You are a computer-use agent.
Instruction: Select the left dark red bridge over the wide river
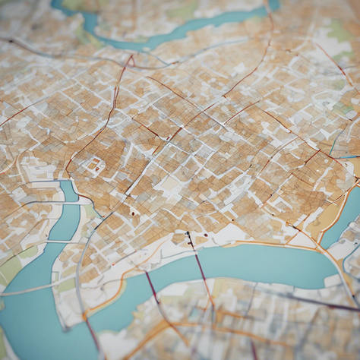coord(153,289)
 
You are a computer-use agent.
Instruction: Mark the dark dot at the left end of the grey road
coord(11,41)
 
